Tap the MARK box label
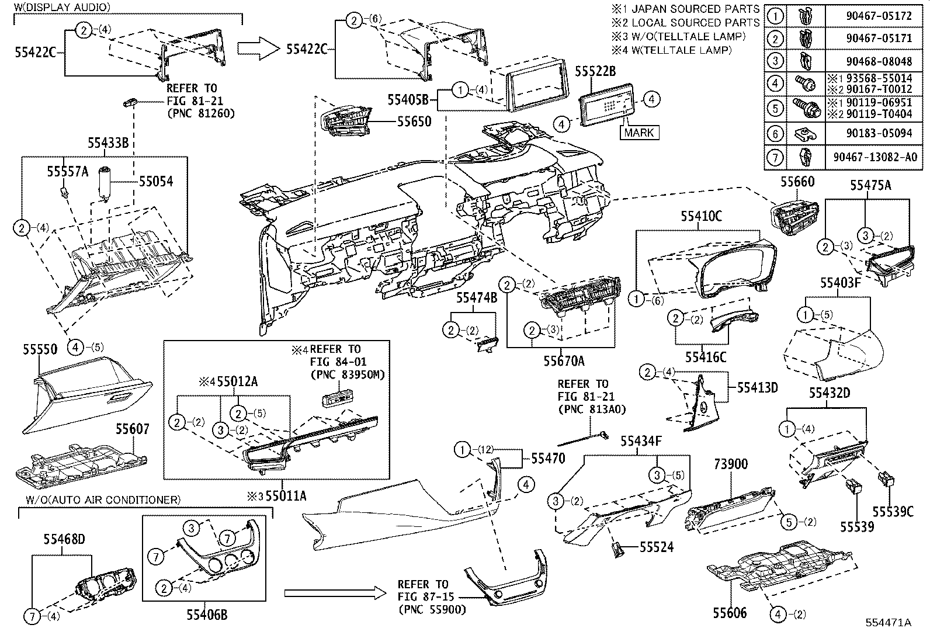tap(638, 133)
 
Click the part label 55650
tap(414, 122)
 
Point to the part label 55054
tap(155, 182)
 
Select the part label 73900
tap(730, 464)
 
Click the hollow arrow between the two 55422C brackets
tap(259, 47)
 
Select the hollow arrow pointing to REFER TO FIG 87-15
tap(334, 594)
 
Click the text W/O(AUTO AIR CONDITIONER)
tap(103, 499)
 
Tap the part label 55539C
tap(893, 511)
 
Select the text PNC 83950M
tap(348, 374)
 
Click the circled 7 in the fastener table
tap(775, 157)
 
